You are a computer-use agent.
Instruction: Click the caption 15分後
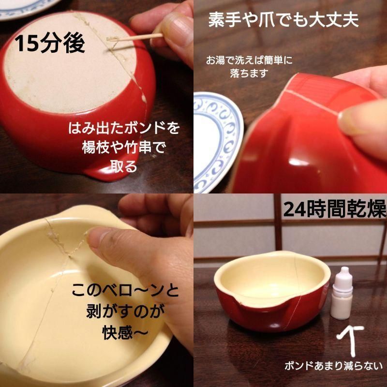pos(50,44)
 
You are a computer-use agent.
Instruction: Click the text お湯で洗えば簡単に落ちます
pos(250,67)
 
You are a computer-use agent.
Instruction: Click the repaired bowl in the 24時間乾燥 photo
pos(268,295)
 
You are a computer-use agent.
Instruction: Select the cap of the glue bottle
pos(344,274)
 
